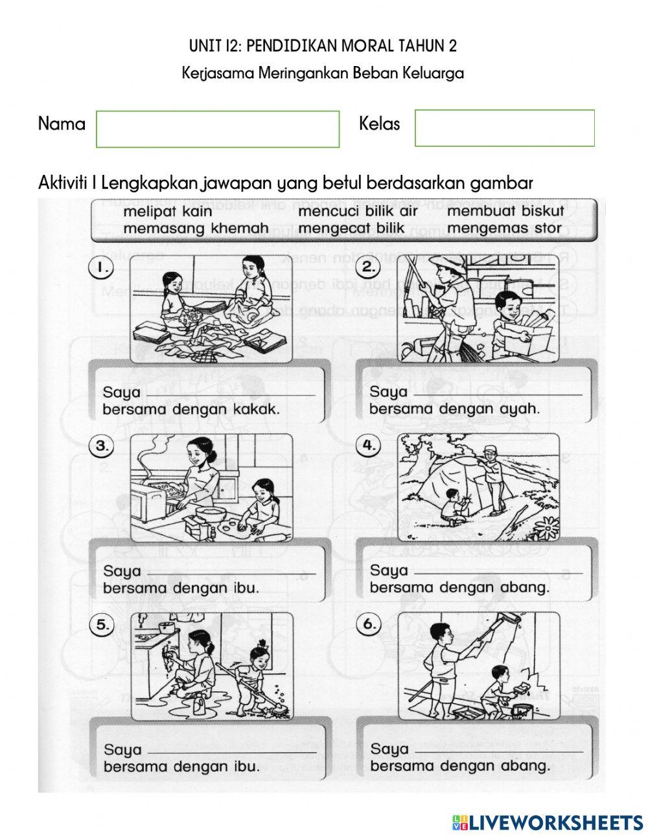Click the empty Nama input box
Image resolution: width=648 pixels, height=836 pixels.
tap(218, 129)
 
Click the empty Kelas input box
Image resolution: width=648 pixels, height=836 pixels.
tap(504, 128)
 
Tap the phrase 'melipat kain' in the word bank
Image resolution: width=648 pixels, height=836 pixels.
tap(167, 212)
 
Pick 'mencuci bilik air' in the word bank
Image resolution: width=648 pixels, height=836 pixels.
tap(358, 212)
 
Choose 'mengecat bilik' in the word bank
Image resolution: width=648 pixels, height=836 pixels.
tap(351, 229)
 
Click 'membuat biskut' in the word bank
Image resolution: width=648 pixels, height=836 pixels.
tap(505, 212)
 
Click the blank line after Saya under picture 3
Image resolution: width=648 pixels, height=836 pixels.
tap(231, 572)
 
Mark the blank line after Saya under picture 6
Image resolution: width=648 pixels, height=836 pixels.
tap(498, 750)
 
